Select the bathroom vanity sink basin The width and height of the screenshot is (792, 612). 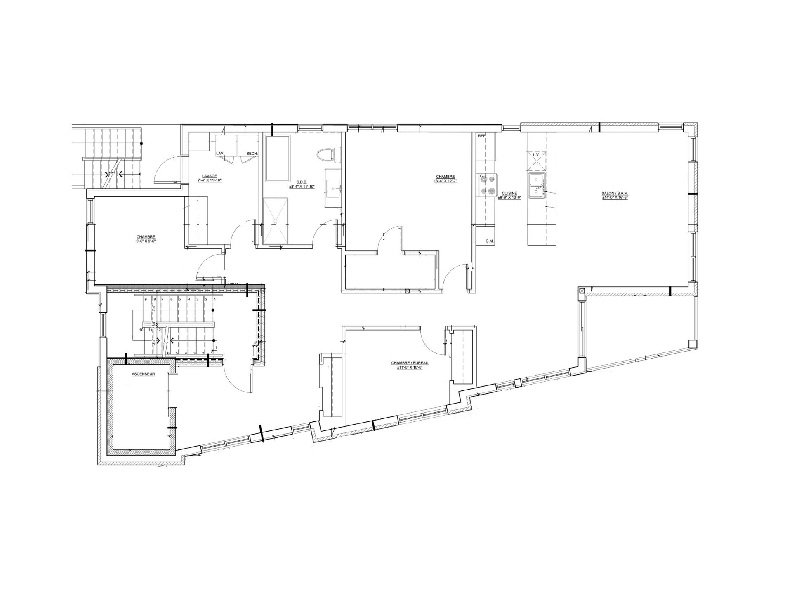pos(334,187)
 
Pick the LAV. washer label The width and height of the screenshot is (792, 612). pos(220,154)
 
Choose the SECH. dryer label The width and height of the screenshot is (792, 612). pos(252,154)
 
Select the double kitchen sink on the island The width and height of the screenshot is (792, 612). pos(537,185)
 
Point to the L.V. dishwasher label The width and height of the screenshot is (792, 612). pos(536,155)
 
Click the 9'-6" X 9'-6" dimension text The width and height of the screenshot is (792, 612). pos(146,241)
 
